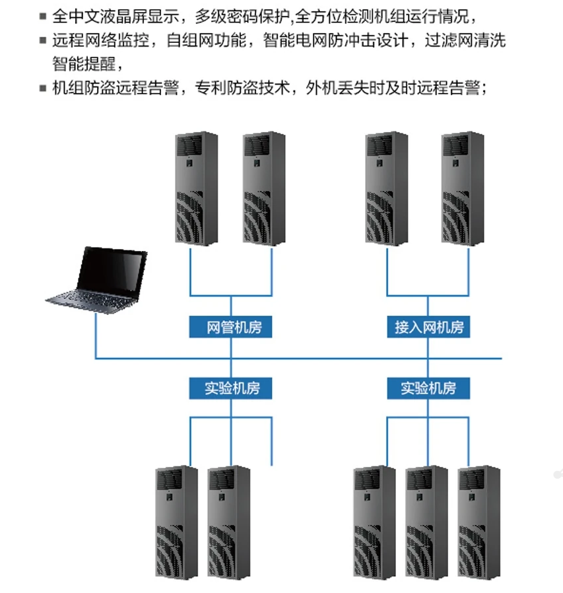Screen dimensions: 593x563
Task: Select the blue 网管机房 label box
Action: [230, 328]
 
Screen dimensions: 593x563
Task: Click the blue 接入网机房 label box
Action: [429, 328]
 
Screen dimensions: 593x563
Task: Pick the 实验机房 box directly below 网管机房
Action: [230, 388]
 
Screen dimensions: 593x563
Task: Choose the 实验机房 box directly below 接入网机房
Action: [429, 388]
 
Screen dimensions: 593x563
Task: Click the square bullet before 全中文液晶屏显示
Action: [44, 17]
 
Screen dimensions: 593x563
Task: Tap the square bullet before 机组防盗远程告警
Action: [44, 88]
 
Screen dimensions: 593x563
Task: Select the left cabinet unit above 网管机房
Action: [196, 189]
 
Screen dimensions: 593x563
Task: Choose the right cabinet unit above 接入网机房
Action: [463, 189]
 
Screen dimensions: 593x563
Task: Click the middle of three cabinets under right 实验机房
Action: [426, 522]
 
